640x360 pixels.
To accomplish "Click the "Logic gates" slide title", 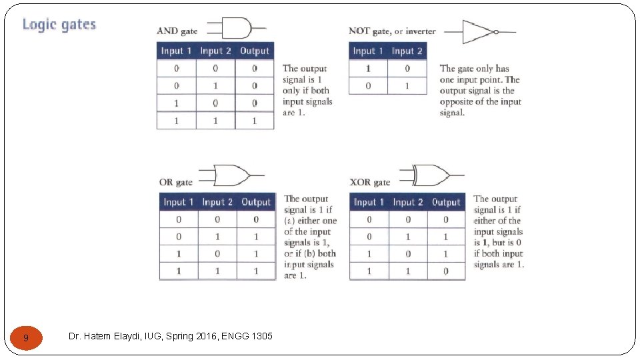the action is point(59,25).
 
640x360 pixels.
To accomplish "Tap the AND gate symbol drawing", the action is point(237,28).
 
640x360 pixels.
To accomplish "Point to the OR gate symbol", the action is point(231,175).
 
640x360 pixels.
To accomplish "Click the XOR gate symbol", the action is point(431,175).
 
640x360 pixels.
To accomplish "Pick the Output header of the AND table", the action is point(254,51).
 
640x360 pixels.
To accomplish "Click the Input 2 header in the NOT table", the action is point(407,51).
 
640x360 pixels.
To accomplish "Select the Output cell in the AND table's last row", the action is point(254,121).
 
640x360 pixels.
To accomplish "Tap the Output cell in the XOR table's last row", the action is point(446,271).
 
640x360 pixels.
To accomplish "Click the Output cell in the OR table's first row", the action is point(256,219).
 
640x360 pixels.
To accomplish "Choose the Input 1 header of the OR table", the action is point(179,202).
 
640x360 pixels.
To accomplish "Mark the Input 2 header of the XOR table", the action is point(408,202).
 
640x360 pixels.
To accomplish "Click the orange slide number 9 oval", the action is point(26,338).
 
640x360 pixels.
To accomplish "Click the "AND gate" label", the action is point(177,31).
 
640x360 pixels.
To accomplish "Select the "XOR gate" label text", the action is point(370,182).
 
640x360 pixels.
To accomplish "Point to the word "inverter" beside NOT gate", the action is point(421,31).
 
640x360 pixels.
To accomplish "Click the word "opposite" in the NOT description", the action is point(456,102).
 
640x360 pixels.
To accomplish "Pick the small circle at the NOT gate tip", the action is point(496,32).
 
